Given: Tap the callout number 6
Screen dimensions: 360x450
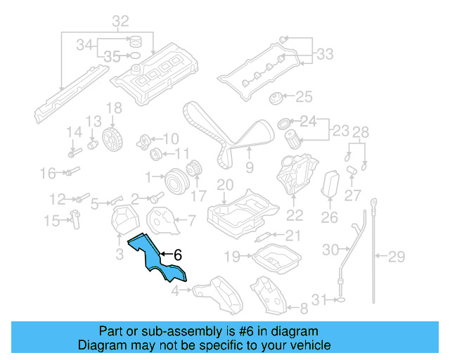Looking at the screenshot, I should (x=178, y=255).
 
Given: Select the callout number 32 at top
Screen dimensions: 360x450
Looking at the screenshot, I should (x=120, y=20).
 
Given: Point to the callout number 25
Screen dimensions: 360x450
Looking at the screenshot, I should (x=303, y=96).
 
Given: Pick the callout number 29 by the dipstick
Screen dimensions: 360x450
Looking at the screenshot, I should (x=397, y=255).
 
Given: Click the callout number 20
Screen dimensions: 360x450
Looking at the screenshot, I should (x=224, y=186).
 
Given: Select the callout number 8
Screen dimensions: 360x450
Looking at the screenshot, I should (x=304, y=308).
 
